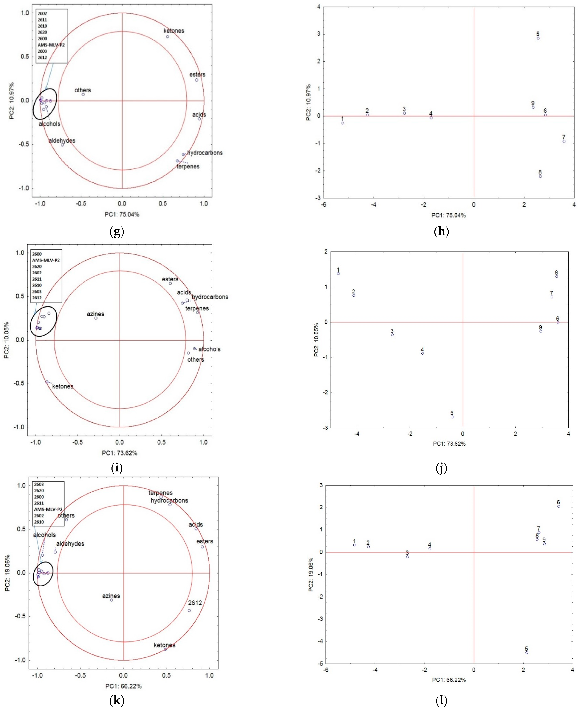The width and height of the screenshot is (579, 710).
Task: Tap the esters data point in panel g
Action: point(196,80)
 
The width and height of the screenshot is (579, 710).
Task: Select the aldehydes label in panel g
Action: point(62,141)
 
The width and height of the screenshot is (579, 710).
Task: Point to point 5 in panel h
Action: point(538,38)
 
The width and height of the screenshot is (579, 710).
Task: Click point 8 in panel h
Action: point(540,176)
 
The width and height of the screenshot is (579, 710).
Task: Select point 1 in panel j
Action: point(338,274)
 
